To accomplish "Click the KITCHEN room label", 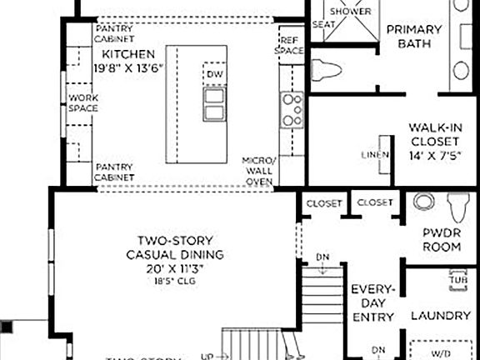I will click(127, 54).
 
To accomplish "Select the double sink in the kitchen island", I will click(213, 102).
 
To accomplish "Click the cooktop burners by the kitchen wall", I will click(292, 110).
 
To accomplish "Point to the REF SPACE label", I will click(289, 45).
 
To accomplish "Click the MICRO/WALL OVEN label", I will click(258, 170).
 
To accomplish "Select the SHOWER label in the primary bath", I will click(350, 12).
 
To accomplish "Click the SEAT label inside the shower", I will click(322, 25).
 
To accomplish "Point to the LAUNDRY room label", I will click(441, 316).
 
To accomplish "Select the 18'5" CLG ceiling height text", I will click(176, 282).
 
